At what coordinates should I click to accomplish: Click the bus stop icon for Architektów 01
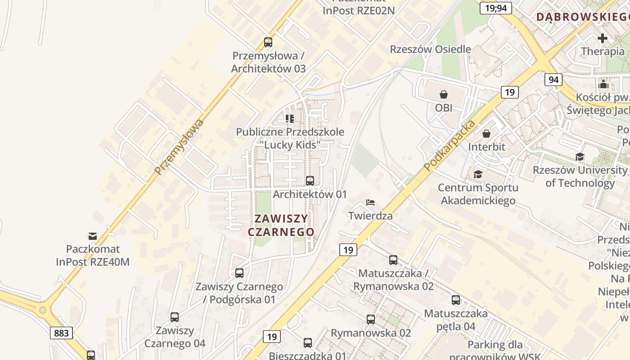(x=310, y=181)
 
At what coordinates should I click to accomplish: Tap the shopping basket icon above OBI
(x=444, y=94)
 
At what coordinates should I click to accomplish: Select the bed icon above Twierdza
(x=370, y=202)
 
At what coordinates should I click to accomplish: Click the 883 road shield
(x=61, y=333)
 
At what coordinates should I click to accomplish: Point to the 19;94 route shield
(x=495, y=8)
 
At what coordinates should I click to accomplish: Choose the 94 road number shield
(x=553, y=80)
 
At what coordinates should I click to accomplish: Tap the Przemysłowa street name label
(x=179, y=147)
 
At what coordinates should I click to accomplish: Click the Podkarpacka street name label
(x=450, y=145)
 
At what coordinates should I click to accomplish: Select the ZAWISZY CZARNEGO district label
(x=281, y=225)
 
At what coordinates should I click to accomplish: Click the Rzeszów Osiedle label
(x=431, y=49)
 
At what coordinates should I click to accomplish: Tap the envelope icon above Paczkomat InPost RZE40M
(x=93, y=236)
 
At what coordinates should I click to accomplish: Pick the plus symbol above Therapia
(x=603, y=38)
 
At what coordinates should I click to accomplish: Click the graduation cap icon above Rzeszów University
(x=580, y=157)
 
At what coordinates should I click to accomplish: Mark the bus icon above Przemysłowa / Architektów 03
(x=268, y=42)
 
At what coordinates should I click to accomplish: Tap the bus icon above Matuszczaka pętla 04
(x=456, y=300)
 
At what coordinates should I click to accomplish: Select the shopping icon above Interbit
(x=486, y=134)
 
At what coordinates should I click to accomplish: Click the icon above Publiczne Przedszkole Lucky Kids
(x=290, y=118)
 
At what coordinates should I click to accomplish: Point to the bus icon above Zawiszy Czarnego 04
(x=175, y=317)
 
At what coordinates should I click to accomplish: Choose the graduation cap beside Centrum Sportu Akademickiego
(x=477, y=174)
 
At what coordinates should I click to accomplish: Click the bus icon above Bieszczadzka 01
(x=308, y=343)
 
